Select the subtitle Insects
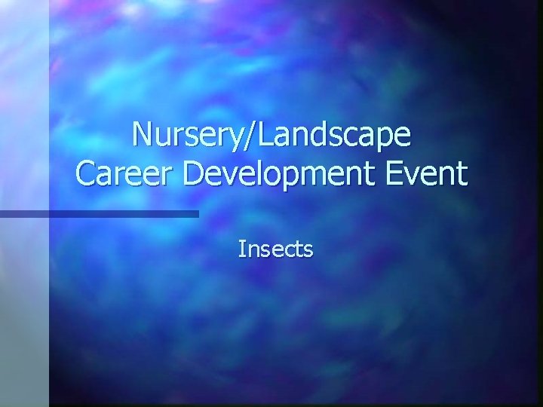click(275, 249)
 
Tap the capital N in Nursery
click(141, 135)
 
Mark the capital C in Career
click(86, 174)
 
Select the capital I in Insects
click(241, 249)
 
